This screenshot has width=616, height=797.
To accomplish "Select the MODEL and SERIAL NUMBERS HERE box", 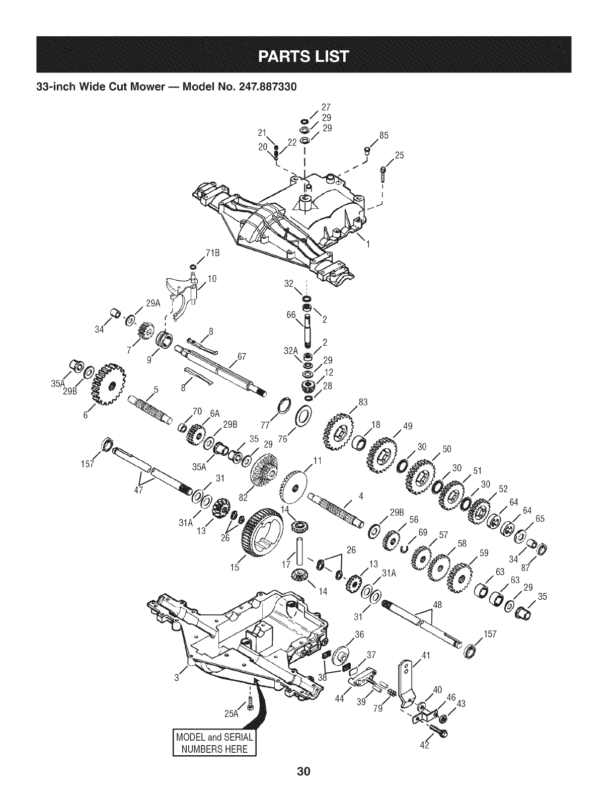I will click(214, 742).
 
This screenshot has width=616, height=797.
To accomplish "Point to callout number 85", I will click(385, 135).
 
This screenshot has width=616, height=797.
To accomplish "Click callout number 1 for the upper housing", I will click(368, 245).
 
